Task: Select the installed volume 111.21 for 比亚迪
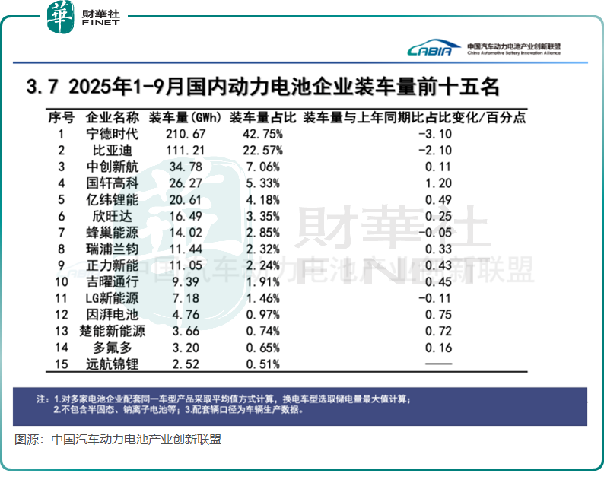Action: coord(182,150)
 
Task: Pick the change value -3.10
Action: coord(434,134)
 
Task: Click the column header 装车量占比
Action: coord(256,118)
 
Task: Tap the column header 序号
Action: coord(61,118)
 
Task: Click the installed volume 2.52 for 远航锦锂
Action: coord(182,364)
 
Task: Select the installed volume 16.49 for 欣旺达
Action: coord(182,216)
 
